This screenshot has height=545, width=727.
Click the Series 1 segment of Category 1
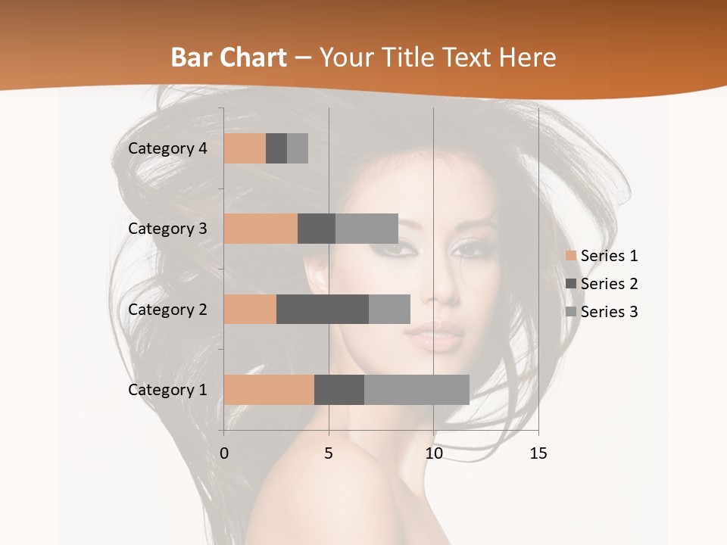[x=269, y=390]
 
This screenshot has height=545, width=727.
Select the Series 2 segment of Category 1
[x=339, y=390]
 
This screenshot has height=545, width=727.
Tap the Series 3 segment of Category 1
[x=417, y=390]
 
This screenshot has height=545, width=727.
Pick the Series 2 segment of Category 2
[x=323, y=309]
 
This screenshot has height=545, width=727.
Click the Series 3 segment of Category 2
[x=389, y=309]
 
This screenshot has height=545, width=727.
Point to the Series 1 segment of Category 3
[x=261, y=229]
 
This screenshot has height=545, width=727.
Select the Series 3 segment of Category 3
[x=367, y=229]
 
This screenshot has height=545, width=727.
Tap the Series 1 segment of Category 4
[x=245, y=148]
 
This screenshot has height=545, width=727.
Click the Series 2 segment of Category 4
[x=276, y=148]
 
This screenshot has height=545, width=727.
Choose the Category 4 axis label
[x=167, y=148]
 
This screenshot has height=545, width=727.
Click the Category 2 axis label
[x=167, y=309]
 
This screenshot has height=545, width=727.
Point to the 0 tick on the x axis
[x=224, y=453]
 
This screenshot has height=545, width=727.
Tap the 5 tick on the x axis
[x=329, y=453]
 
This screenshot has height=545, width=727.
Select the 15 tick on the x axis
[x=538, y=453]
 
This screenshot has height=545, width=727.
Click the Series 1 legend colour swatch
[x=571, y=256]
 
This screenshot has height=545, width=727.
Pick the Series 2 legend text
[x=609, y=284]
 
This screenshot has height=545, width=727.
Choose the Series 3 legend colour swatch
[x=571, y=312]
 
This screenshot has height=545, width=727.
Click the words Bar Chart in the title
[x=229, y=57]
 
